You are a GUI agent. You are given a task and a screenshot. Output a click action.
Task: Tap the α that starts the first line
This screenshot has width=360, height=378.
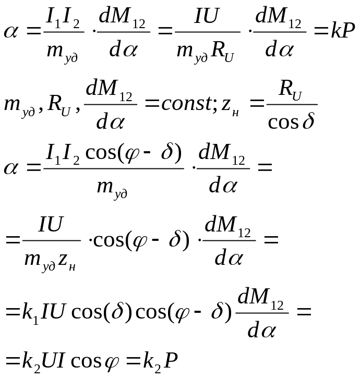(11, 31)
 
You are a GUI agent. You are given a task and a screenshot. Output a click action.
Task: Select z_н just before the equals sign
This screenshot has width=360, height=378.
(230, 105)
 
